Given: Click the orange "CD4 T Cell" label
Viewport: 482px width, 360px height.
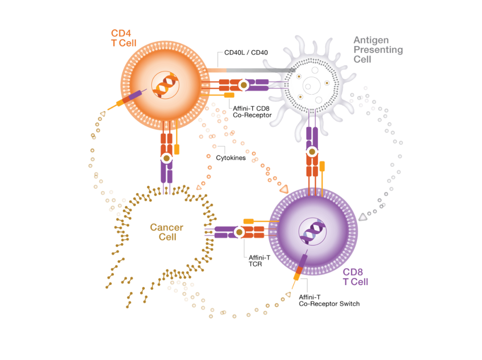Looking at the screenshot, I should tap(123, 38).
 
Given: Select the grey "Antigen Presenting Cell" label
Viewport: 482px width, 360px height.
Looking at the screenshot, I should tap(378, 49).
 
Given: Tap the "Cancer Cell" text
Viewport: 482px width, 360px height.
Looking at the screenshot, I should tap(166, 232).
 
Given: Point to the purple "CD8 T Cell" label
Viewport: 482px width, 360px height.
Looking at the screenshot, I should tap(355, 277).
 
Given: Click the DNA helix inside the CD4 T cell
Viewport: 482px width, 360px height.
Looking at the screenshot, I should tap(166, 85).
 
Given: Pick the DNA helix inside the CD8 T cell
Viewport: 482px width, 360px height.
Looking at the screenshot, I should tap(312, 232).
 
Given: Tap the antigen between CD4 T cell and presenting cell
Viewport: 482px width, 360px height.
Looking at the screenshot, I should tap(244, 85).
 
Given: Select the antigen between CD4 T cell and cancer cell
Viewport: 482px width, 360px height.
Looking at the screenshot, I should tap(166, 158).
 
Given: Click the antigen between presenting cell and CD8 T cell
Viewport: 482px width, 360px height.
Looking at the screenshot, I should tap(312, 152).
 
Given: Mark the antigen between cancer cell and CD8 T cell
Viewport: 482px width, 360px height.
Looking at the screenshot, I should tap(239, 232).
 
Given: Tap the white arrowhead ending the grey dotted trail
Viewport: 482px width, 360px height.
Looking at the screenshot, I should tap(363, 217).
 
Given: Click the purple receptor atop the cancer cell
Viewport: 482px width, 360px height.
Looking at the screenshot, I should tap(166, 175).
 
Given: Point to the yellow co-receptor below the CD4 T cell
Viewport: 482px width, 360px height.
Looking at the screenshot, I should tap(177, 149).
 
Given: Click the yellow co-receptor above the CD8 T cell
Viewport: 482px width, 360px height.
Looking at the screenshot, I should tap(322, 166).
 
